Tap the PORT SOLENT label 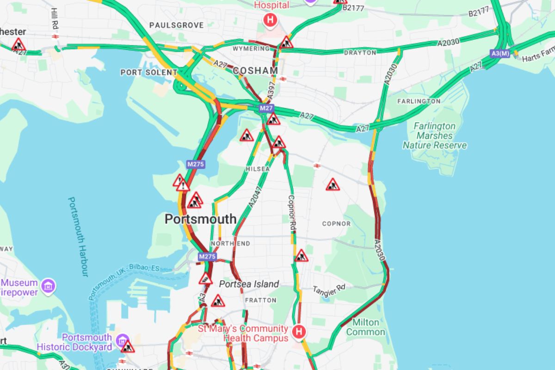pyautogui.click(x=148, y=73)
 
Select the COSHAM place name pyautogui.click(x=255, y=71)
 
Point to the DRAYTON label pyautogui.click(x=360, y=53)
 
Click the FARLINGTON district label pyautogui.click(x=419, y=101)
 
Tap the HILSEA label pyautogui.click(x=258, y=169)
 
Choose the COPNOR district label pyautogui.click(x=336, y=224)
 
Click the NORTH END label pyautogui.click(x=230, y=244)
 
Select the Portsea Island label pyautogui.click(x=249, y=284)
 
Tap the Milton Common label pyautogui.click(x=365, y=327)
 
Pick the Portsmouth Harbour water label pyautogui.click(x=78, y=237)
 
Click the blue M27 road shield pyautogui.click(x=266, y=108)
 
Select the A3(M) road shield pyautogui.click(x=500, y=54)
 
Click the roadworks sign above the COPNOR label pyautogui.click(x=333, y=185)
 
